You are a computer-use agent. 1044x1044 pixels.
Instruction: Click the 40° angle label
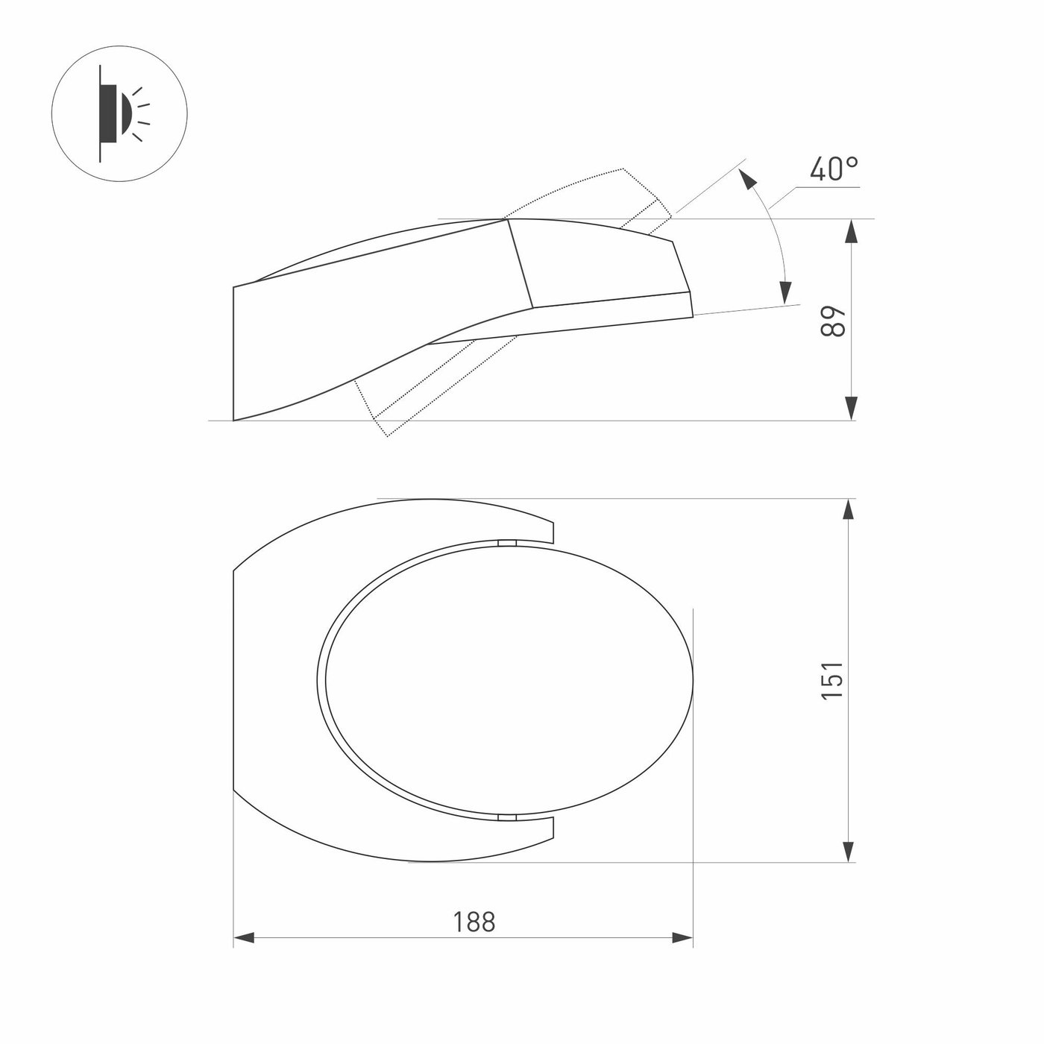click(x=834, y=169)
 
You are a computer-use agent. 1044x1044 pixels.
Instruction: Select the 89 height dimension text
click(x=833, y=322)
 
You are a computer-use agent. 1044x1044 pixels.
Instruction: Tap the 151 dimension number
click(x=833, y=681)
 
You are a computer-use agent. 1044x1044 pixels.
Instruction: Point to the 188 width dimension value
click(x=474, y=922)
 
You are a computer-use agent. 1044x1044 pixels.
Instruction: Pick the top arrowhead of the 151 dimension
click(x=849, y=510)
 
